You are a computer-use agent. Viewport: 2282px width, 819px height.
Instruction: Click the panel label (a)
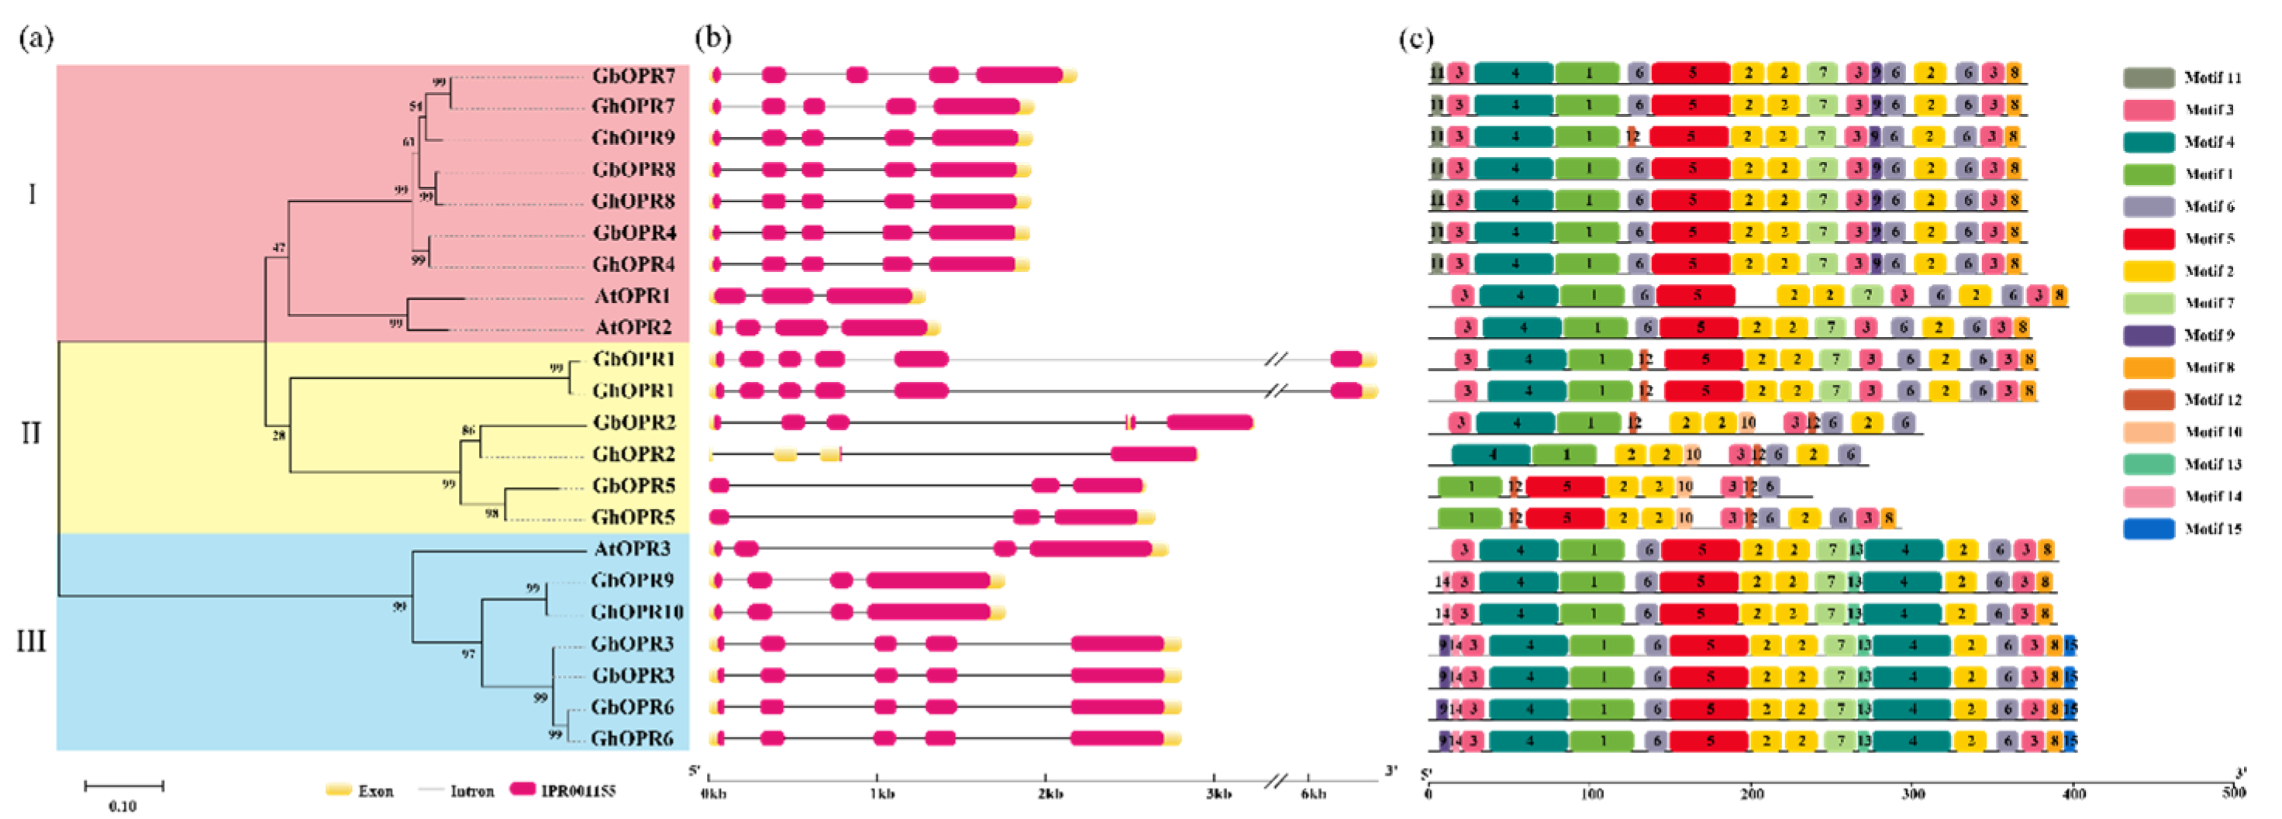tap(36, 38)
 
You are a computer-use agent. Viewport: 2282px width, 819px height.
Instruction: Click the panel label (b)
tap(713, 38)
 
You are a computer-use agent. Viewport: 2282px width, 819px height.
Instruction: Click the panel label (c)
tap(1415, 38)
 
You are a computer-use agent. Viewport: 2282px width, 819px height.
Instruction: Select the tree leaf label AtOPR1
tap(633, 296)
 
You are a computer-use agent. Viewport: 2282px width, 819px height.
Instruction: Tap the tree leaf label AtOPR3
tap(632, 549)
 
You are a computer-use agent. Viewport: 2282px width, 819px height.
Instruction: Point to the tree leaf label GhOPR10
tap(636, 613)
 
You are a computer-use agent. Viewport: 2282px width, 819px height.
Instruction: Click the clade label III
tap(32, 640)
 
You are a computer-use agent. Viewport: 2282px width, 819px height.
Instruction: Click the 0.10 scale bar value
tap(123, 806)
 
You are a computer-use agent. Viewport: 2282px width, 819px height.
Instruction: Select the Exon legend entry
tap(359, 790)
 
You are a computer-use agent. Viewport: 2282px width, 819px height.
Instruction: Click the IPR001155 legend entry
tap(564, 790)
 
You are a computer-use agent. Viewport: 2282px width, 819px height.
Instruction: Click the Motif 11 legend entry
tap(2184, 78)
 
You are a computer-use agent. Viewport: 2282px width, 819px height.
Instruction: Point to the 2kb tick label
tap(1050, 793)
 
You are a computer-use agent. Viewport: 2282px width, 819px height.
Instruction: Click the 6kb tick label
tap(1313, 793)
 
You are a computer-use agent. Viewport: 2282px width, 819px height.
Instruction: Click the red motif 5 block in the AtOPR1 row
tap(1694, 296)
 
